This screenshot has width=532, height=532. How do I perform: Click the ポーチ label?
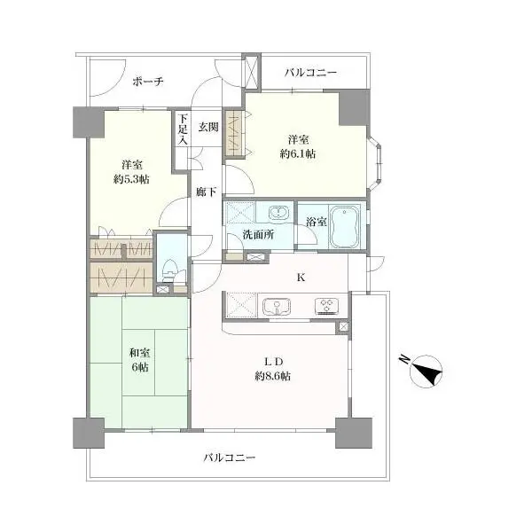click(x=148, y=82)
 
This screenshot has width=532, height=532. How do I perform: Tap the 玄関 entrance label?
click(x=208, y=127)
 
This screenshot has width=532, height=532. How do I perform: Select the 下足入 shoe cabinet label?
click(x=184, y=129)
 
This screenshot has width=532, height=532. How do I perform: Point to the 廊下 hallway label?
click(x=207, y=192)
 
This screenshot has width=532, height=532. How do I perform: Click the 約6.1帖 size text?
click(x=298, y=154)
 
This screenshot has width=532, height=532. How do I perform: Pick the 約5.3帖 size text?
click(x=131, y=179)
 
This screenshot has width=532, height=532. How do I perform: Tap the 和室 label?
click(x=140, y=353)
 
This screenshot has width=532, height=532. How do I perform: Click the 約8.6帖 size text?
click(x=273, y=376)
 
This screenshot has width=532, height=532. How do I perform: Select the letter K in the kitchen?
click(x=301, y=278)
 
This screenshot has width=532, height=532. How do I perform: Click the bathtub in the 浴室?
click(x=345, y=227)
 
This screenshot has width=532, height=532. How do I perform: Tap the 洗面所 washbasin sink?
click(x=279, y=214)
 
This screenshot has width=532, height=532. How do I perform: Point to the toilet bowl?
click(x=169, y=270)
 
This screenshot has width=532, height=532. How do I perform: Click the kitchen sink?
click(x=277, y=306)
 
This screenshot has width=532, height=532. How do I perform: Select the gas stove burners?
click(x=326, y=306)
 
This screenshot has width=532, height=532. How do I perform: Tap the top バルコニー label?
click(x=311, y=73)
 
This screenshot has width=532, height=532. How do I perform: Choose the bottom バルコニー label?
click(x=230, y=458)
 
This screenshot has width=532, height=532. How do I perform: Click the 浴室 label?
click(x=317, y=223)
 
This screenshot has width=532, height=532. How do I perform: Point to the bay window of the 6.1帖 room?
click(x=375, y=163)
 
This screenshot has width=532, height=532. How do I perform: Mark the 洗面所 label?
click(x=258, y=234)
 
